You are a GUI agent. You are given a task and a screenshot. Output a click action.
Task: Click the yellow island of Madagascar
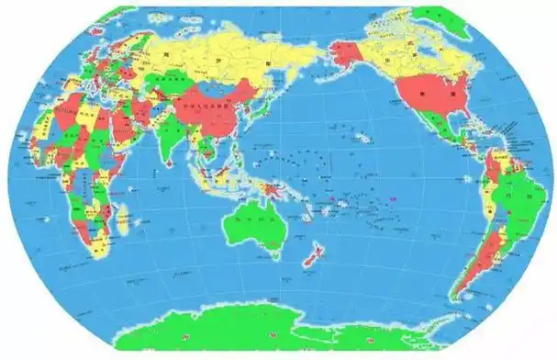(x=123, y=217)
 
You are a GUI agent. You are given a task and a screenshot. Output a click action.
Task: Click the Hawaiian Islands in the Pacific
(x=363, y=138)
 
